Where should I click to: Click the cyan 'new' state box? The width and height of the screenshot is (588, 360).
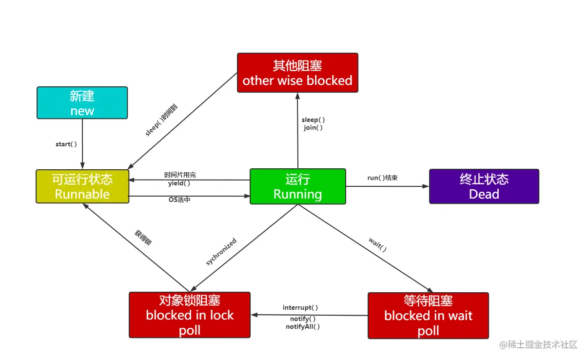[x=82, y=103]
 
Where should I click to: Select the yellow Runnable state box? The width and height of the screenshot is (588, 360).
[x=82, y=186]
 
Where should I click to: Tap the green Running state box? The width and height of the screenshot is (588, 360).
[x=297, y=186]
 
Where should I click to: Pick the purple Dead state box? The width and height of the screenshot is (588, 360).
[x=484, y=186]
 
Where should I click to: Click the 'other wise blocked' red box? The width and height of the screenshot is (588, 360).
[x=297, y=73]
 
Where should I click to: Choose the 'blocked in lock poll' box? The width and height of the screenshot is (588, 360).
[x=190, y=315]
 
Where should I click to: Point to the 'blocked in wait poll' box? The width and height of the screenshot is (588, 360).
[x=428, y=315]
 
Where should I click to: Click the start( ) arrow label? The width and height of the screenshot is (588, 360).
[x=66, y=144]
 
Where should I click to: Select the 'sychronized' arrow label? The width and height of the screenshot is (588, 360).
[x=221, y=252]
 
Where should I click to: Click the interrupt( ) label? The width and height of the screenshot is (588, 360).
[x=300, y=308]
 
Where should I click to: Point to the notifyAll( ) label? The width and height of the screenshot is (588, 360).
[x=303, y=326]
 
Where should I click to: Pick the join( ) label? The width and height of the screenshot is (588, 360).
[x=313, y=127]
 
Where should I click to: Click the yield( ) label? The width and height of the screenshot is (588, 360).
[x=179, y=183]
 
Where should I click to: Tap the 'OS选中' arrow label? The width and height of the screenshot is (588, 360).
[x=179, y=200]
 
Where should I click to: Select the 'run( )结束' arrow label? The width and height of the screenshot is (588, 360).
[x=383, y=178]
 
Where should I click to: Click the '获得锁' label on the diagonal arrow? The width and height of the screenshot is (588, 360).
[x=143, y=237]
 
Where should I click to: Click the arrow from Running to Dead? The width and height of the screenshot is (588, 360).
[x=387, y=186]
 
